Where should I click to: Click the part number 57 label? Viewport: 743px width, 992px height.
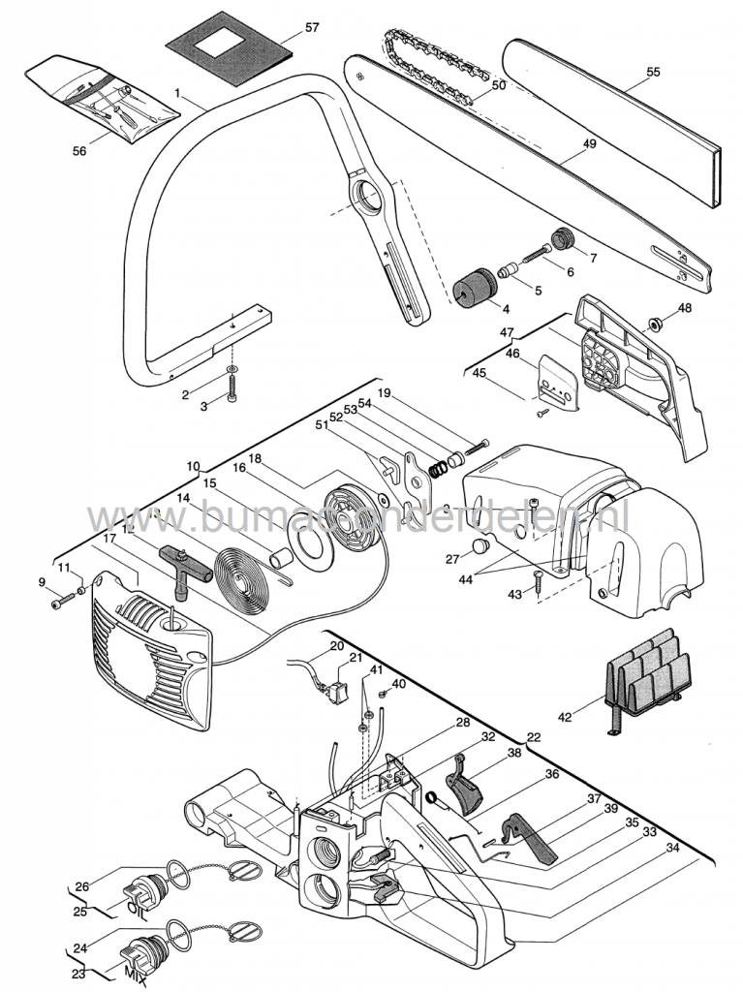coord(311,28)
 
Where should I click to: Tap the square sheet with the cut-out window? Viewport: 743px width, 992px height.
coord(230,42)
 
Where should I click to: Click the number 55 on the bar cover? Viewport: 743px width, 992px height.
coord(653,72)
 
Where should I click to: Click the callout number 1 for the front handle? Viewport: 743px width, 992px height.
coord(178,92)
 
